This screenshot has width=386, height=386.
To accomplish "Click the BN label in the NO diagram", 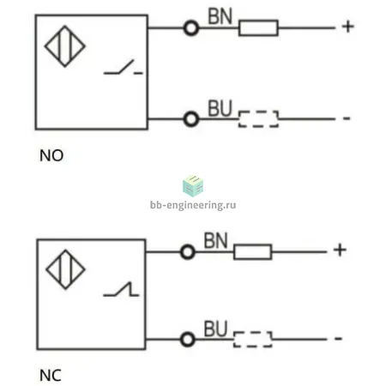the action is click(220, 16).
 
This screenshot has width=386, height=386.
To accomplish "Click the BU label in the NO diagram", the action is click(220, 108).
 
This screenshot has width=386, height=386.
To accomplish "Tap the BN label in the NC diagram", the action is click(215, 240).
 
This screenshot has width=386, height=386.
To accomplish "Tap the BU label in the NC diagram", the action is click(215, 329).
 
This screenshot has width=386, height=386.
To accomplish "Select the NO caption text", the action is click(51, 156).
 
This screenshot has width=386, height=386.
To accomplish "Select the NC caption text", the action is click(51, 376).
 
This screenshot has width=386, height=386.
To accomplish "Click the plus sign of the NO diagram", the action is click(348, 27).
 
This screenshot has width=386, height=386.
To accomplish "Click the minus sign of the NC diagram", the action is click(338, 339).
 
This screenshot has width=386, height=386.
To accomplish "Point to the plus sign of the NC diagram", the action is click(340, 250).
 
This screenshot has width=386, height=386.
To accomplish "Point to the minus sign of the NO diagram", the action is click(347, 118).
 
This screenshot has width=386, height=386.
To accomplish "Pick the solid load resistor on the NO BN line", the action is click(258, 28).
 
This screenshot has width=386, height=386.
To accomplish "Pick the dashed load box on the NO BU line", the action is click(258, 118).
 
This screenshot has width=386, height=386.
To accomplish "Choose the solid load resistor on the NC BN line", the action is click(253, 252).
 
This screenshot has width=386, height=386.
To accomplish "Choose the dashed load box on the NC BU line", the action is click(253, 340).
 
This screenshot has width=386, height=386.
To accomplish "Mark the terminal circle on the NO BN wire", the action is click(191, 28).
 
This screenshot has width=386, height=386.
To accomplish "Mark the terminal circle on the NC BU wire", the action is click(188, 340).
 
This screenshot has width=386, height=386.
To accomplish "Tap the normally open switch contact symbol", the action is click(123, 67).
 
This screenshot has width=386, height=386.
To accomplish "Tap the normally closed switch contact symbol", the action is click(121, 289).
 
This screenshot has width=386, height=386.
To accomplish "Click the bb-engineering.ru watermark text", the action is click(193, 205).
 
